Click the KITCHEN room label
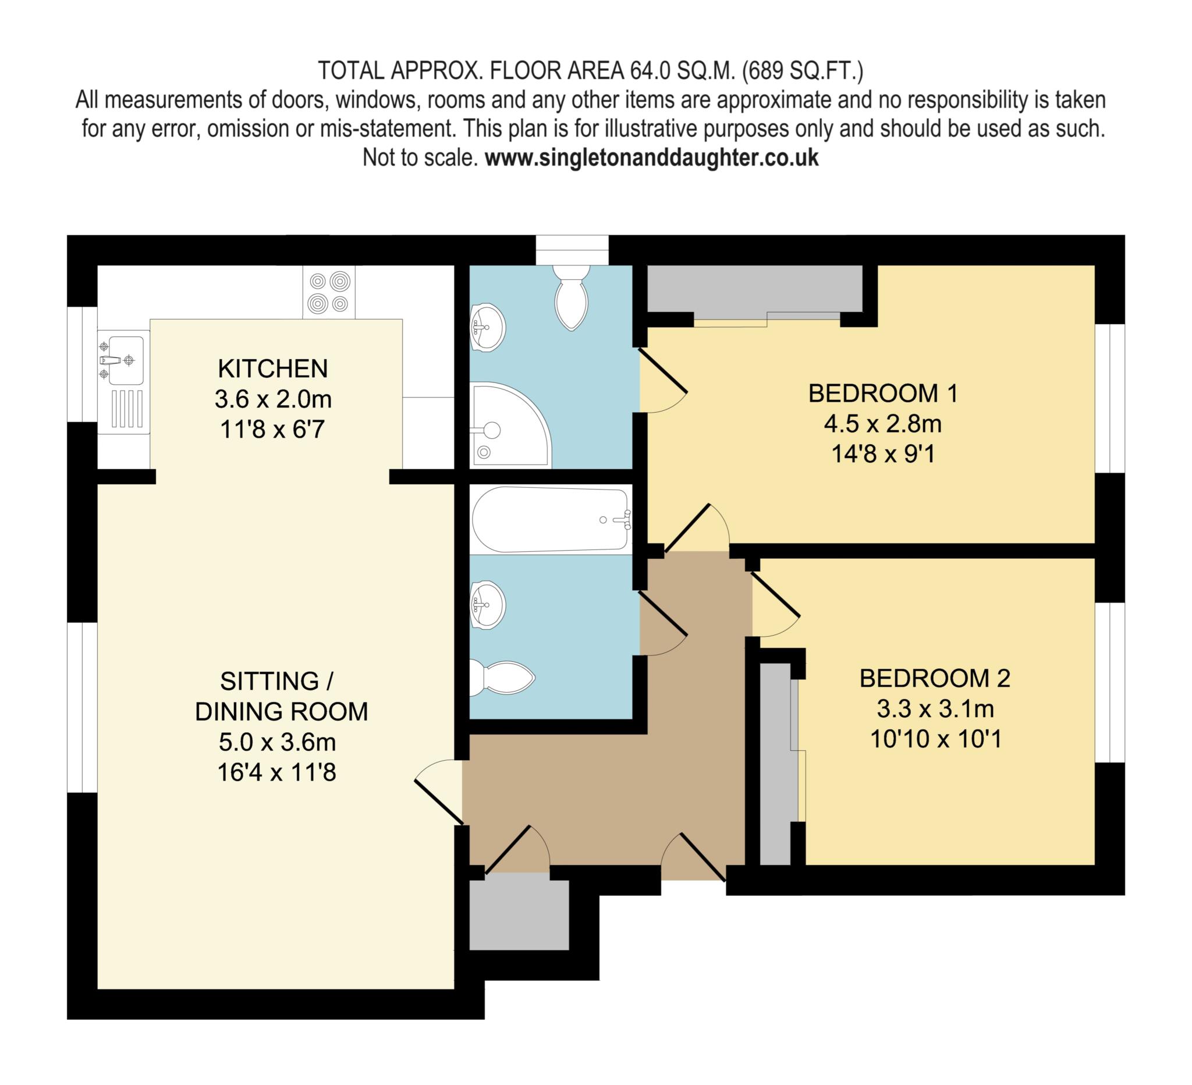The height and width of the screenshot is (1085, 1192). click(x=272, y=368)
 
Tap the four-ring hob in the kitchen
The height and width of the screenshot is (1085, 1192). click(x=329, y=292)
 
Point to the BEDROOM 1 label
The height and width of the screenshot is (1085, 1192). click(x=883, y=393)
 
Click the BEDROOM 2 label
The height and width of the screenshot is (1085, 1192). click(x=935, y=678)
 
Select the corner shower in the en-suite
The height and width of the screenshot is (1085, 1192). click(x=510, y=424)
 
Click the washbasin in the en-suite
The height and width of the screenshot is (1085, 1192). click(x=488, y=327)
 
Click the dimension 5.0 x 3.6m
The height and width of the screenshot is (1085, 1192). click(x=276, y=742)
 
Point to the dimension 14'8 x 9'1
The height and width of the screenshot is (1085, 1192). click(x=883, y=454)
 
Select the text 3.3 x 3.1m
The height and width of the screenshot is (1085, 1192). click(x=935, y=708)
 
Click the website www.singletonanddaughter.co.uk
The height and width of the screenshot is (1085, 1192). click(x=651, y=158)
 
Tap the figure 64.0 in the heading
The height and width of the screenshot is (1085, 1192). click(x=650, y=71)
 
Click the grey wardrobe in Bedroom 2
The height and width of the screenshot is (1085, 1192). click(x=775, y=763)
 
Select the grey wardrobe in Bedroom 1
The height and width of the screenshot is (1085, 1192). click(x=754, y=289)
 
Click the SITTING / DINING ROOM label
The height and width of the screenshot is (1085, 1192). click(x=282, y=696)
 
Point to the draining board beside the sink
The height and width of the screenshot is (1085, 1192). click(x=126, y=409)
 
